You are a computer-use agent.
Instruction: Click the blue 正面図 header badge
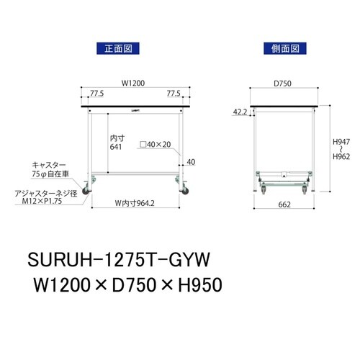coord(117,49)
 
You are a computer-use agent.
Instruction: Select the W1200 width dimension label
coord(133,84)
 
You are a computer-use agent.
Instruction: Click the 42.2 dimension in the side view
coord(241,112)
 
